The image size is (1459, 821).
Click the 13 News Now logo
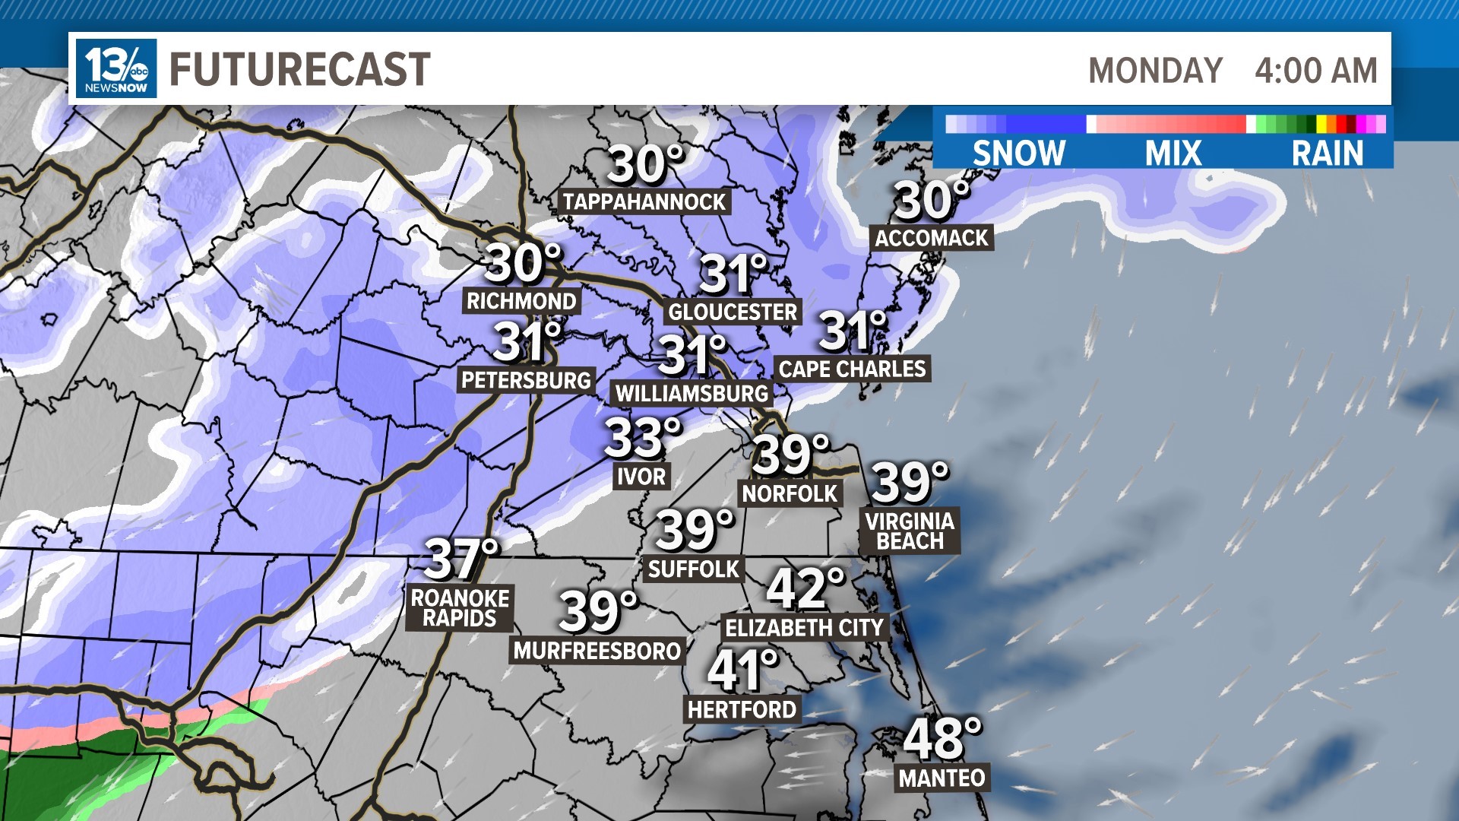click(x=116, y=68)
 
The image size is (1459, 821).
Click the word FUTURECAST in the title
click(x=299, y=69)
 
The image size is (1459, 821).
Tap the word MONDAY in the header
click(x=1155, y=71)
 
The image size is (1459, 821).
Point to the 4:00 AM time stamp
click(x=1315, y=71)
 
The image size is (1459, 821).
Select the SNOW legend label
click(x=1019, y=153)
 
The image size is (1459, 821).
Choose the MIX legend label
click(x=1173, y=153)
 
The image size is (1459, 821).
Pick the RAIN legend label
click(x=1328, y=153)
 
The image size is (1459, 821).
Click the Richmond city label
click(x=521, y=301)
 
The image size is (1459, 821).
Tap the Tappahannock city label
click(x=644, y=201)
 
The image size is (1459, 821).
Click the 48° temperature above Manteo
click(x=942, y=737)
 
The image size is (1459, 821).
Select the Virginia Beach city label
click(x=910, y=531)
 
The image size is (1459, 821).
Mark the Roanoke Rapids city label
click(x=460, y=607)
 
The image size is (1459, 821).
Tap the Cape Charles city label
click(x=852, y=369)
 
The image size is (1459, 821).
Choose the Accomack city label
click(x=931, y=238)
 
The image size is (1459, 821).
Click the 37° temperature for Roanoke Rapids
click(x=460, y=559)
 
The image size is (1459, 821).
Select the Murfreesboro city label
click(x=597, y=651)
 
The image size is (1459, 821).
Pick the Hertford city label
click(x=742, y=710)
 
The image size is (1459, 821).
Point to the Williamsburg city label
click(x=692, y=393)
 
